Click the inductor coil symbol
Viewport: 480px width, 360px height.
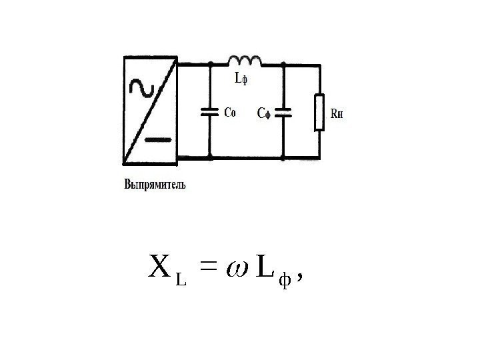[x=246, y=61]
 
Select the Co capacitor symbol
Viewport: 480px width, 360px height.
[x=210, y=113]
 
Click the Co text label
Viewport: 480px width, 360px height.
[x=229, y=113]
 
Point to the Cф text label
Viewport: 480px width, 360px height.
[x=265, y=113]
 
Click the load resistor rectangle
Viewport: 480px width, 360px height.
[x=320, y=113]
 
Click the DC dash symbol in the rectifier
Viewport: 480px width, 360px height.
[x=159, y=140]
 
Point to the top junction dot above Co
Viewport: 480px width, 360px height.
[x=210, y=65]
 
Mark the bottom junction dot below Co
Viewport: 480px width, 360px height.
[x=210, y=159]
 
